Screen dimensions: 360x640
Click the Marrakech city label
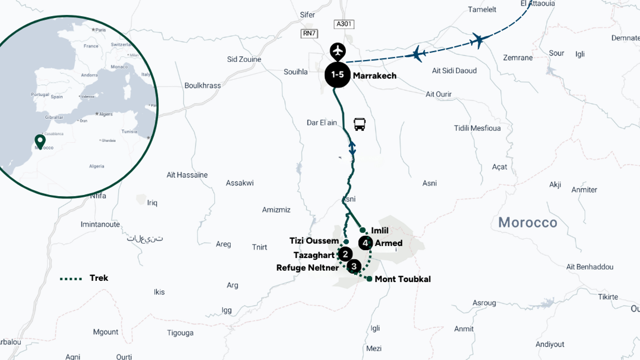[x=374, y=76]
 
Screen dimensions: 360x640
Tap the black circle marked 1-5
[x=337, y=75]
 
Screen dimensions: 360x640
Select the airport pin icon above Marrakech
[x=338, y=51]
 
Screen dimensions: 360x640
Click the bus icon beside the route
[x=359, y=124]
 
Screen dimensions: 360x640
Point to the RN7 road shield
[x=309, y=33]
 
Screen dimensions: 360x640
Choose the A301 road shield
[x=344, y=24]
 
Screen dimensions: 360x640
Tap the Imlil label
[x=380, y=230]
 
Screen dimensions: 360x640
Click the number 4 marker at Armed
[x=365, y=243]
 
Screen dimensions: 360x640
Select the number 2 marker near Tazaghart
[x=345, y=254]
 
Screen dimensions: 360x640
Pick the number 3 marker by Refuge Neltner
[x=354, y=266]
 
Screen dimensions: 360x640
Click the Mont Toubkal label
[x=403, y=279]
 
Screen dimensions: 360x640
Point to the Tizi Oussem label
[x=314, y=241]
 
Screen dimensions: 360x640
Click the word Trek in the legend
[x=99, y=278]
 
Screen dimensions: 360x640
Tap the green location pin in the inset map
[x=40, y=141]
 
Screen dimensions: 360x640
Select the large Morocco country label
[x=528, y=222]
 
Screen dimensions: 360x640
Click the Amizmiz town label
[x=276, y=210]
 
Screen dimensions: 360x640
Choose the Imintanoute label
[x=100, y=224]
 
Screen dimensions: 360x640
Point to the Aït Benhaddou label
[x=590, y=267]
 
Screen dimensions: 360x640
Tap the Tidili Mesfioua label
[x=477, y=128]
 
